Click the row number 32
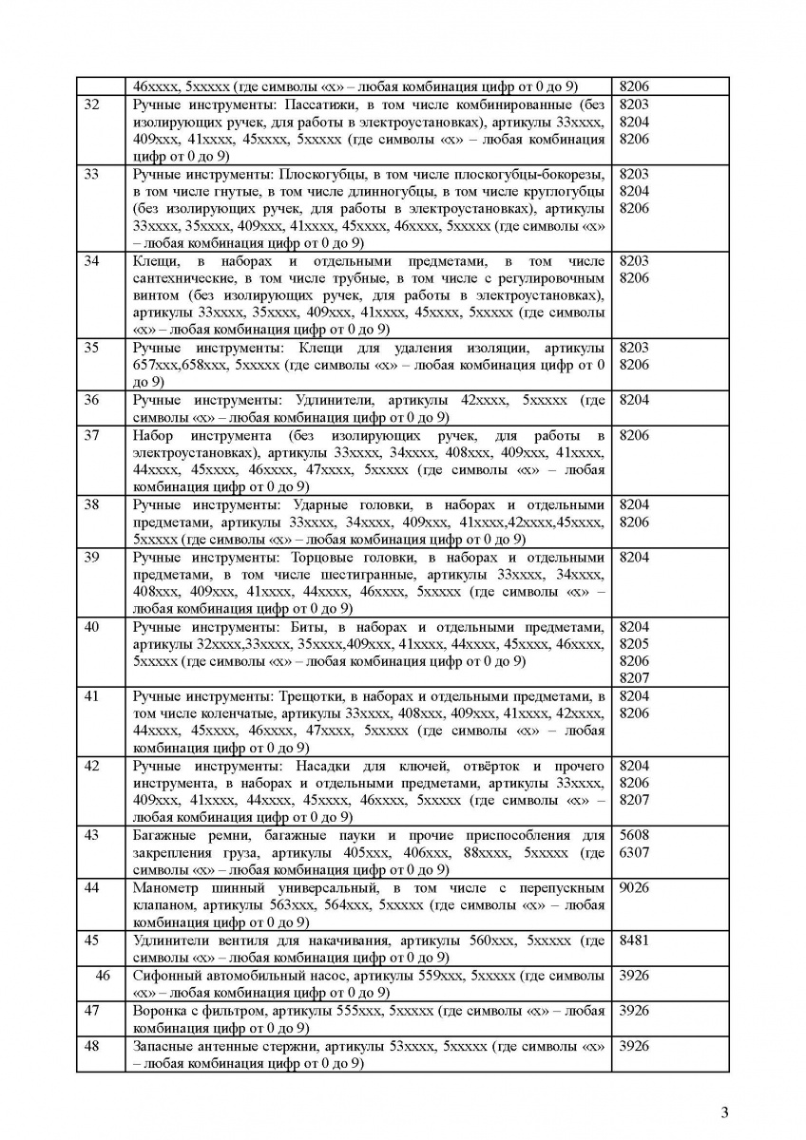click(x=92, y=104)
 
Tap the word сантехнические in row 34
click(x=180, y=277)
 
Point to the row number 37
click(x=92, y=435)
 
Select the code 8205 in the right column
click(x=634, y=643)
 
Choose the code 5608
click(x=634, y=835)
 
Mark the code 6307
click(x=634, y=852)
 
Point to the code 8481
click(x=634, y=940)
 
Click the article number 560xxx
click(x=489, y=940)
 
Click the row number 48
click(x=92, y=1046)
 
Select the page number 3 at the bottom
click(x=724, y=1112)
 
